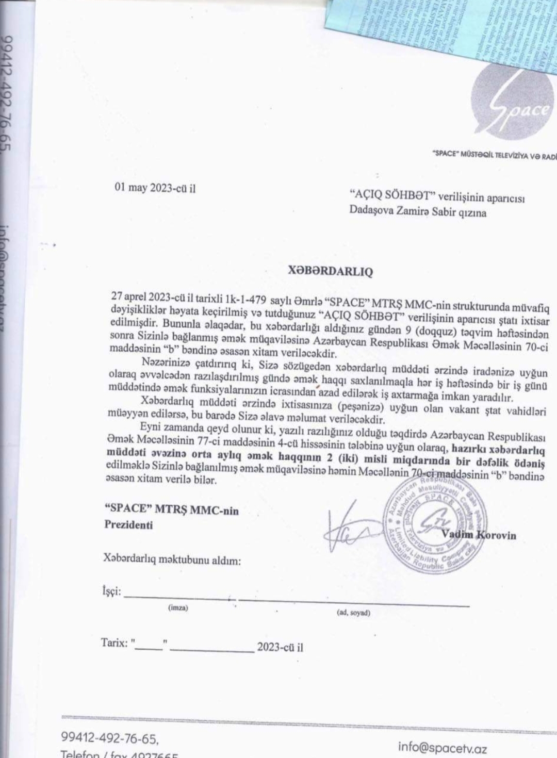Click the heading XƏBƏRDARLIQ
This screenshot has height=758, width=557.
tap(330, 271)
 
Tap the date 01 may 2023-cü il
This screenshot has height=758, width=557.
tap(155, 188)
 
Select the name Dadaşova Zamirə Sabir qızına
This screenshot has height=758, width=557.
tap(417, 212)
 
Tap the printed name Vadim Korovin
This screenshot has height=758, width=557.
tap(478, 535)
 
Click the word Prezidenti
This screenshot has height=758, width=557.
tap(128, 525)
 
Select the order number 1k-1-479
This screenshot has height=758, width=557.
tap(245, 299)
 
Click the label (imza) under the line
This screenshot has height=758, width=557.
tap(178, 608)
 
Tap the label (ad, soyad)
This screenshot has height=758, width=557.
tap(353, 613)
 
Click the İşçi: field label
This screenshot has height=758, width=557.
tap(111, 591)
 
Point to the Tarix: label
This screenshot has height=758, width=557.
tap(114, 642)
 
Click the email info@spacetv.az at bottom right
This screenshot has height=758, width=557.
tap(442, 747)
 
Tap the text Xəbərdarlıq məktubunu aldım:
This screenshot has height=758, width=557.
tap(172, 560)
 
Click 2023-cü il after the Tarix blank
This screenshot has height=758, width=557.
tap(280, 647)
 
